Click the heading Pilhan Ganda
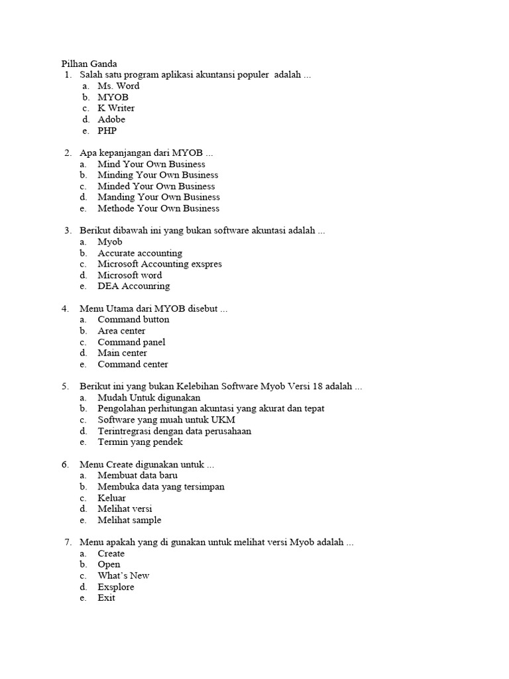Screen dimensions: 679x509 89,64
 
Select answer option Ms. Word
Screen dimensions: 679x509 118,86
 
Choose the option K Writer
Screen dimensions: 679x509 116,108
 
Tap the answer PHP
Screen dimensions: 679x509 107,131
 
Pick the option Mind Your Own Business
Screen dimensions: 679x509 151,164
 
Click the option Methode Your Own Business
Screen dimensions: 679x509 158,208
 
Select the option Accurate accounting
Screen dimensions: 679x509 140,253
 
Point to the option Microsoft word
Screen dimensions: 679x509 129,275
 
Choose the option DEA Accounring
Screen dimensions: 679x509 133,286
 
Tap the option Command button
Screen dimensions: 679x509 133,320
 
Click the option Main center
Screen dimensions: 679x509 122,353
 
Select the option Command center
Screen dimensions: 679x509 133,364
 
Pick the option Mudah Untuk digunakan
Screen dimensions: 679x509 139,397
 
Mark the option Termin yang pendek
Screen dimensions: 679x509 140,442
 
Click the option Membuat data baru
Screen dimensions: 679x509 137,475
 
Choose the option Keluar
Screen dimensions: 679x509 111,498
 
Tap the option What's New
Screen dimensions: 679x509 123,576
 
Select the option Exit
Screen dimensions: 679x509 106,597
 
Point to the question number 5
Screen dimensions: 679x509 66,386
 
